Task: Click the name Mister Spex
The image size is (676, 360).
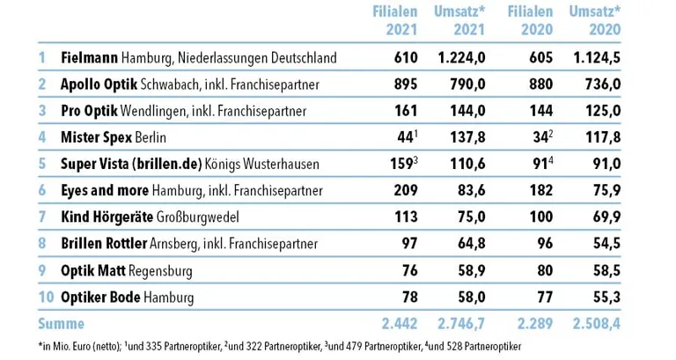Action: tap(98, 138)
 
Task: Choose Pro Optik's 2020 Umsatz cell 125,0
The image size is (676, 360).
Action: tap(599, 111)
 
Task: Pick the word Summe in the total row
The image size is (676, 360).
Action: tap(61, 324)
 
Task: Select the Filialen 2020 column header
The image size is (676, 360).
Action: tap(530, 20)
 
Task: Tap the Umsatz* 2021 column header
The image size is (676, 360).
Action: tap(460, 20)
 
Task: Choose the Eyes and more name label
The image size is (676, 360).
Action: tap(105, 191)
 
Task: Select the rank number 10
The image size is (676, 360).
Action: tap(44, 298)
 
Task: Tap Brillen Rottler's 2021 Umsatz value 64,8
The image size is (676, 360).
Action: tap(467, 244)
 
